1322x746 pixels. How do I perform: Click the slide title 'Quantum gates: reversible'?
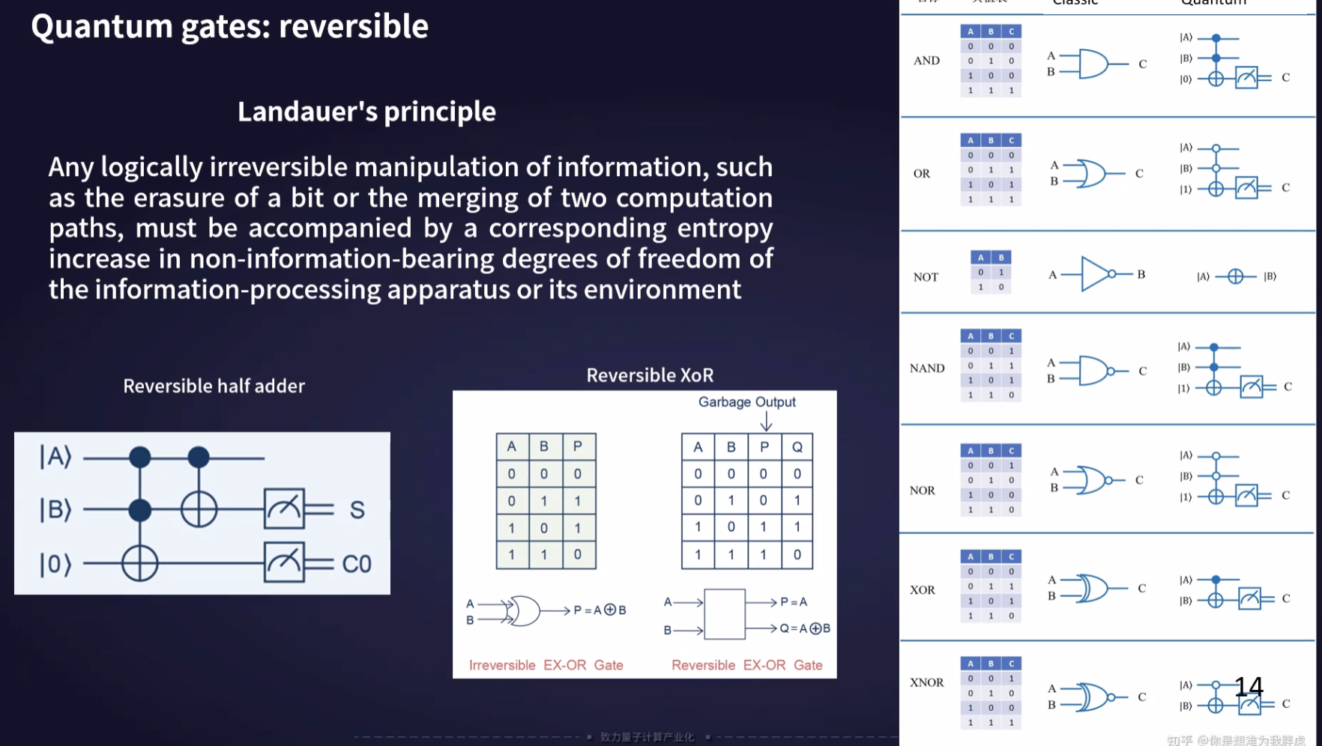click(x=229, y=27)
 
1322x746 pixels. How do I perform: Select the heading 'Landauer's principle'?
click(x=366, y=112)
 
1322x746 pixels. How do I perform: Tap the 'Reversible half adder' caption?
click(x=214, y=386)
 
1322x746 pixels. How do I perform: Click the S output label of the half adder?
click(x=357, y=510)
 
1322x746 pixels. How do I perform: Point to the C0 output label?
click(x=357, y=564)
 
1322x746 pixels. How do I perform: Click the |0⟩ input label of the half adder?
click(x=55, y=564)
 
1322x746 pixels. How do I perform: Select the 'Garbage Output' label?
click(x=746, y=402)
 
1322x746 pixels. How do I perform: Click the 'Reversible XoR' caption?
click(x=650, y=375)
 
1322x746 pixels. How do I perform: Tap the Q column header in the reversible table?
click(x=797, y=447)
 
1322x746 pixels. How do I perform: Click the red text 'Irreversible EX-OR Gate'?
click(x=546, y=665)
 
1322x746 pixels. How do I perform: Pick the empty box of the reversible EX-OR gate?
click(x=724, y=614)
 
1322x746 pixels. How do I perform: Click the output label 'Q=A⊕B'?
click(x=805, y=628)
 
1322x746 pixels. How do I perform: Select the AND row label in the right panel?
click(x=926, y=61)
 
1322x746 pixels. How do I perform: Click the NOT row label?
click(x=926, y=277)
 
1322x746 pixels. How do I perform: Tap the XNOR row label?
click(x=926, y=682)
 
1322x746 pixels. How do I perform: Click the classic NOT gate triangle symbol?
click(x=1095, y=274)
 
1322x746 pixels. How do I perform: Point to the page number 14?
click(x=1249, y=687)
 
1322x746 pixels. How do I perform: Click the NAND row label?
click(x=927, y=369)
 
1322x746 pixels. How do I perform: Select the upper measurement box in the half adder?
click(x=284, y=509)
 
